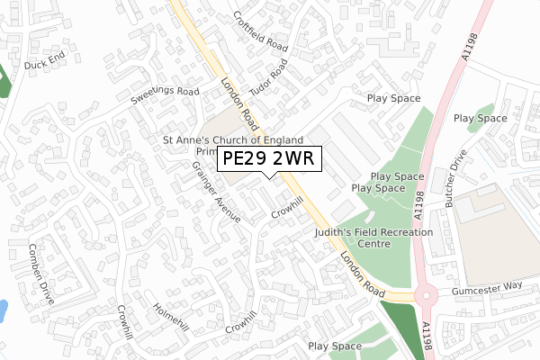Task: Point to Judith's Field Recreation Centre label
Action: tap(374, 238)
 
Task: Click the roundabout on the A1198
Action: tap(427, 296)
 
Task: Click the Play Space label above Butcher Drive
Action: tap(480, 118)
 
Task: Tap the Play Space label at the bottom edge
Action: tap(334, 346)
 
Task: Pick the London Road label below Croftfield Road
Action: tap(240, 103)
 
